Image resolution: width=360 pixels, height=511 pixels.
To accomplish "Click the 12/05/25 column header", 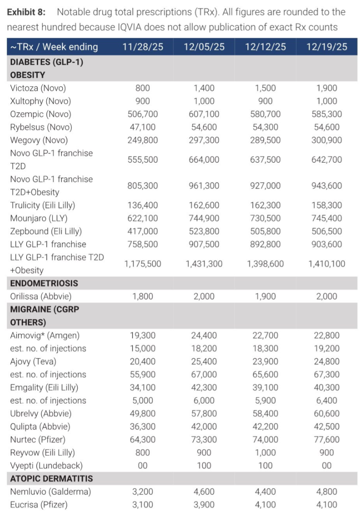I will [x=204, y=47].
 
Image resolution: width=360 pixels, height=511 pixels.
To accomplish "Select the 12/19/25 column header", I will [x=327, y=47].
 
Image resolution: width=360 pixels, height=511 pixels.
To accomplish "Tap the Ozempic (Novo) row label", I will [x=41, y=114].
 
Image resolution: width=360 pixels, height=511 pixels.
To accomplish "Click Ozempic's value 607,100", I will [x=204, y=114].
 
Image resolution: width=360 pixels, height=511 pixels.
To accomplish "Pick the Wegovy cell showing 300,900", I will [x=327, y=140].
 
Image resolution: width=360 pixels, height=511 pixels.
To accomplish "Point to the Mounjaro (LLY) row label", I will [x=39, y=218].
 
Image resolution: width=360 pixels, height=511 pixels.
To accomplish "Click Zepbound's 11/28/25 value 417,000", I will [x=142, y=231].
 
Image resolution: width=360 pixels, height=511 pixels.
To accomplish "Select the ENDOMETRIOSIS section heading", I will [x=44, y=283].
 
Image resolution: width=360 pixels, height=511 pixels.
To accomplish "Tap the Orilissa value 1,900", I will [x=265, y=296].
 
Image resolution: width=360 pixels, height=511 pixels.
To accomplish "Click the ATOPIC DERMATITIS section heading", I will [x=51, y=479].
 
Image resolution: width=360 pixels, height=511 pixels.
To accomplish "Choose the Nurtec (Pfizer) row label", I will [x=38, y=439].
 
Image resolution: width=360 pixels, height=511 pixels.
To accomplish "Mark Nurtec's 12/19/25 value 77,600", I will [x=327, y=439].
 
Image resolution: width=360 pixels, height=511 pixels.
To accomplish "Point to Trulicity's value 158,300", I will [x=327, y=206].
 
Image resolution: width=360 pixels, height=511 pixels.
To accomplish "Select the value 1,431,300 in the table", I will [x=204, y=264].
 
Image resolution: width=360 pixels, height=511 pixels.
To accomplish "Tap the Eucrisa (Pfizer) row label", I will [x=39, y=505].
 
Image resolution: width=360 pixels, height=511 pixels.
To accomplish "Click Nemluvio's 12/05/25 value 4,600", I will [x=204, y=492].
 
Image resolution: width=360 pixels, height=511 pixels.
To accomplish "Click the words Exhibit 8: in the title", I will [x=28, y=12].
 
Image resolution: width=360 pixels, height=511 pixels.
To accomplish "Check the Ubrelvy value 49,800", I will [x=142, y=414].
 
